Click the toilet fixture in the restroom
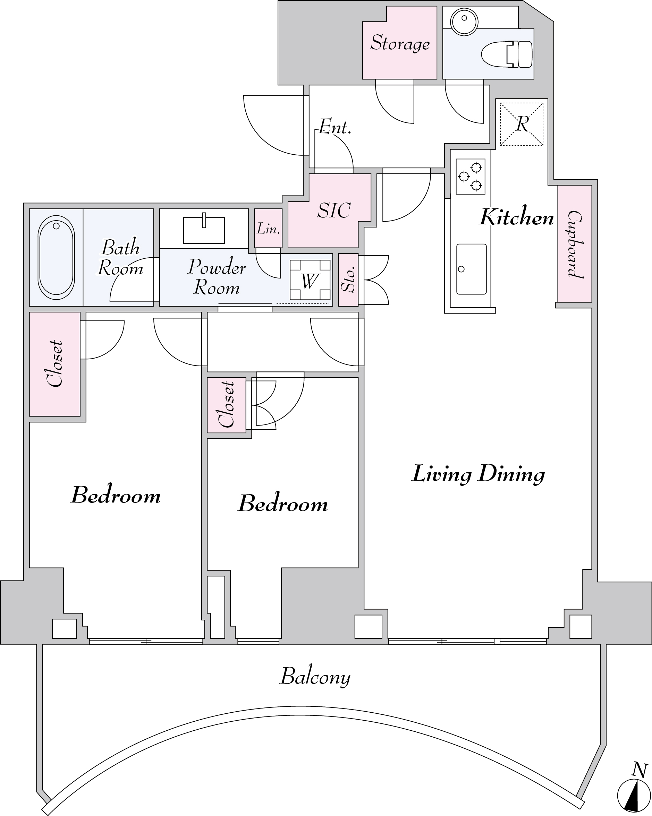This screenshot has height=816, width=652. click(507, 54)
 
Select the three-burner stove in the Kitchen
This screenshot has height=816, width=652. click(470, 177)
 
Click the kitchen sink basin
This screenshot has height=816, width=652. click(472, 269)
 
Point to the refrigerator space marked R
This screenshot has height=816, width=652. click(522, 124)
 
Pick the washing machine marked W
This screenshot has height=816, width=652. click(310, 280)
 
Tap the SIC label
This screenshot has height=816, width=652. click(334, 211)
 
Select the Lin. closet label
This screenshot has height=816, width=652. click(268, 229)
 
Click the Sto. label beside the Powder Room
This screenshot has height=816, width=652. click(349, 279)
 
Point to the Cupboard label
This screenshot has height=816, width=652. click(575, 244)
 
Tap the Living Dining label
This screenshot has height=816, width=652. click(478, 474)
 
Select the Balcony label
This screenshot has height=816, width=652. click(315, 677)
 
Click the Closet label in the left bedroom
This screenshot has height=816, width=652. click(55, 363)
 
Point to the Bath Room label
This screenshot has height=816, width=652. click(120, 257)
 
